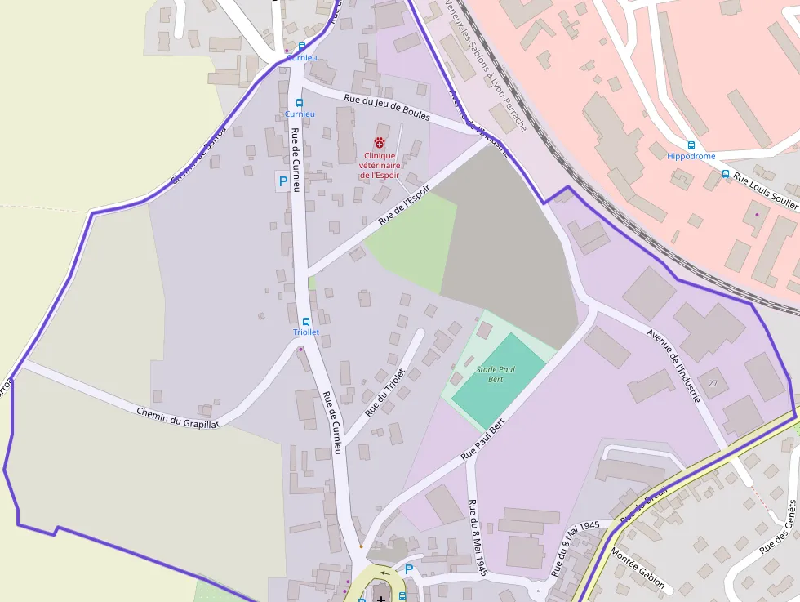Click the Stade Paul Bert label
(x=496, y=374)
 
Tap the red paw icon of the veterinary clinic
(x=380, y=142)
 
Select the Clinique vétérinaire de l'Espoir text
(x=380, y=165)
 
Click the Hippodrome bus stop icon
(x=691, y=145)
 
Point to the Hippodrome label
(x=691, y=156)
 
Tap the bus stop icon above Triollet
(x=306, y=322)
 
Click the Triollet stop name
(x=306, y=333)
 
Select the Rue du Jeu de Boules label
(x=387, y=108)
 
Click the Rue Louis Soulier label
(x=764, y=190)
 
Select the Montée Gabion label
(x=638, y=570)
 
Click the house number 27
(x=713, y=383)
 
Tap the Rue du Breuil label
(x=644, y=504)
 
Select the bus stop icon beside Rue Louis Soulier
(x=725, y=174)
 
